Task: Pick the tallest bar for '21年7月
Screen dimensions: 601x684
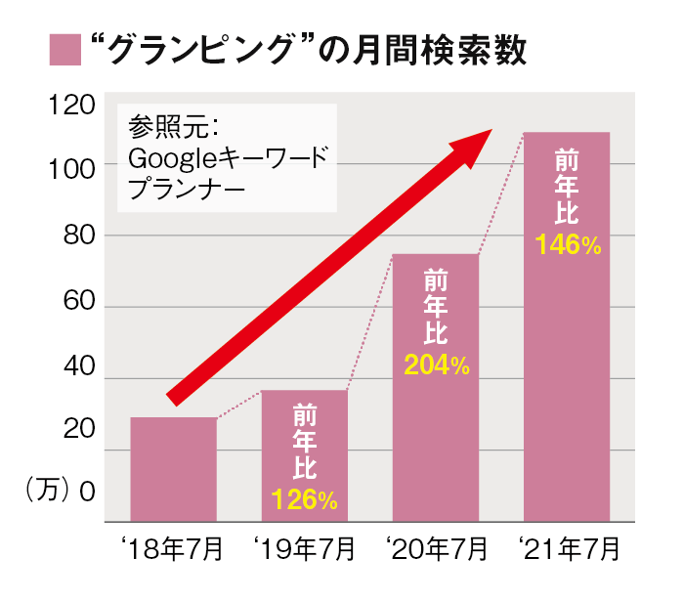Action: click(567, 326)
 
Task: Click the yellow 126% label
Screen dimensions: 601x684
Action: click(305, 500)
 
